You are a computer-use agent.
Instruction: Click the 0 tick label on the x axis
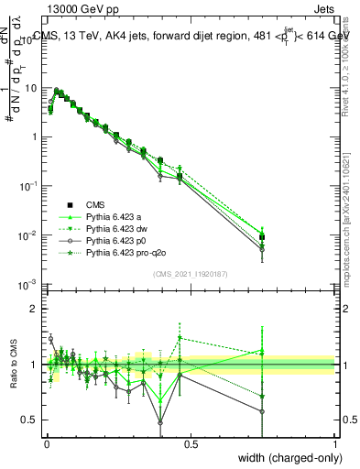click(47, 443)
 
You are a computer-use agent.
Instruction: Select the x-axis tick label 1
click(334, 443)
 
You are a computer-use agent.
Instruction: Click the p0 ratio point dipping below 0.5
click(161, 422)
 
